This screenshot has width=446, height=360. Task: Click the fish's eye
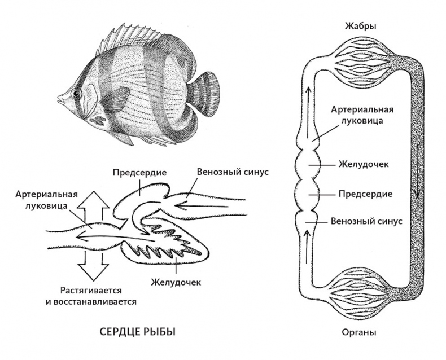[75, 93]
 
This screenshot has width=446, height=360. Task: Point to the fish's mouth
[59, 99]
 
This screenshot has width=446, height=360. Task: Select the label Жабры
[360, 26]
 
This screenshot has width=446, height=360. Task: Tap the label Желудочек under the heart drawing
[176, 280]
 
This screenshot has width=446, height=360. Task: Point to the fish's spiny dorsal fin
[121, 37]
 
